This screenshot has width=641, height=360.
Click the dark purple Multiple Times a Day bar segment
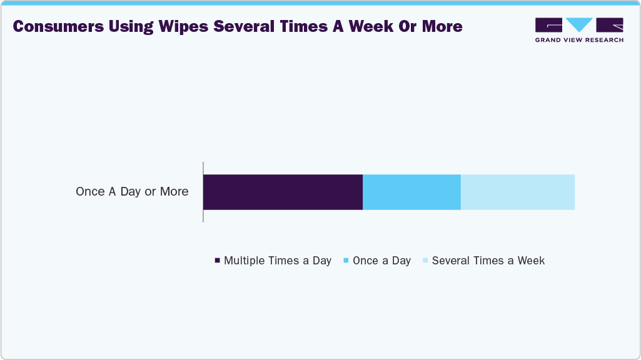283,192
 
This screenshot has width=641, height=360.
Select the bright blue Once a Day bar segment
411,192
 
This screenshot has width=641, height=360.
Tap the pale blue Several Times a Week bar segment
517,192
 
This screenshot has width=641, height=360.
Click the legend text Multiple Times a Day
278,261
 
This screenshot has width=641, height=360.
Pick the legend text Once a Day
381,261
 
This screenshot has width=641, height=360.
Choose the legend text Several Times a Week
488,261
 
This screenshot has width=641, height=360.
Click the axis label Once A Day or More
132,192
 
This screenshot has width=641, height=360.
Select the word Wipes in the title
182,26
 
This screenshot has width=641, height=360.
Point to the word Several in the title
248,26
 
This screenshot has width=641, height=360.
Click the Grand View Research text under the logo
579,40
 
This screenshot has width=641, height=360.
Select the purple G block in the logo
548,25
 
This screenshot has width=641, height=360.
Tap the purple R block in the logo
610,25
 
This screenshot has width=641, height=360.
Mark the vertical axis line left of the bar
203,192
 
